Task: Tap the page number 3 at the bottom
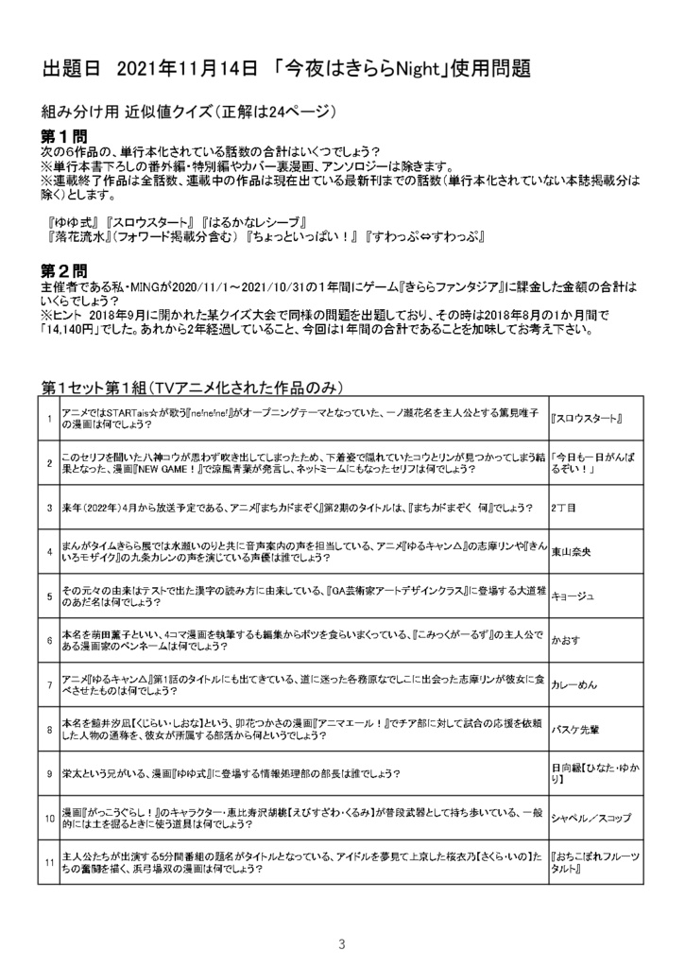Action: (342, 918)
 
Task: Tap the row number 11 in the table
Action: (48, 861)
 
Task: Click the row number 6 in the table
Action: (48, 640)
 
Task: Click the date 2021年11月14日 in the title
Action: (188, 69)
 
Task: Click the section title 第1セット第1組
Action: (96, 389)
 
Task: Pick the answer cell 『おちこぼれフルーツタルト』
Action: (596, 861)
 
